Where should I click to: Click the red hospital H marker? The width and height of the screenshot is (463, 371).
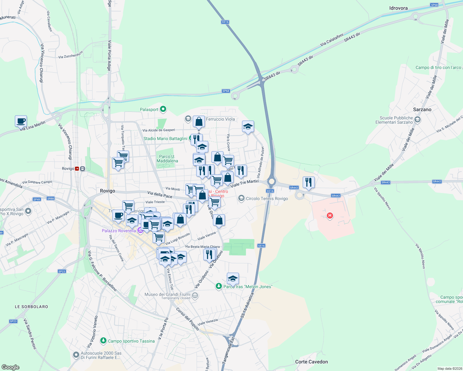point(330,215)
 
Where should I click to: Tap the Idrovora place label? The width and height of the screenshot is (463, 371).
point(398,8)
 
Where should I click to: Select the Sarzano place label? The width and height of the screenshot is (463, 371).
point(422,109)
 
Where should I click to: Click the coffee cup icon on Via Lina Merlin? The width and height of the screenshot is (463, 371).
point(21,121)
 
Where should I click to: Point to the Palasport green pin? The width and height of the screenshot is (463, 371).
point(163,109)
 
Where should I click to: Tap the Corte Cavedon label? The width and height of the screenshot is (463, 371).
point(311,362)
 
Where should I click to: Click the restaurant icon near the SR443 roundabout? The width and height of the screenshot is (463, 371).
point(308,182)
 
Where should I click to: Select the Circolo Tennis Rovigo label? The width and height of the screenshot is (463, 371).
point(267,198)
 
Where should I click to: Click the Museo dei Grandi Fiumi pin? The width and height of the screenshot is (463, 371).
point(195,296)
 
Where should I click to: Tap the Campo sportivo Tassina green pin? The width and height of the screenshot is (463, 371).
point(103,341)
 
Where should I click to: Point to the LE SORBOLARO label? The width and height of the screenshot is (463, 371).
point(32,307)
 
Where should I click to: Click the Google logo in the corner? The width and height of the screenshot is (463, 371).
point(11,367)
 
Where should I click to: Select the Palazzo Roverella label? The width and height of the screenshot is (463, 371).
point(119,231)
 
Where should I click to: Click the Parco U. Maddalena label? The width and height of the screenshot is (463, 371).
point(167,159)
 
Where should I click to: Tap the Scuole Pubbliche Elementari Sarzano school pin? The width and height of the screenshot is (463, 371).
point(418,120)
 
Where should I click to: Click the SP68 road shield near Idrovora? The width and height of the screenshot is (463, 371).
point(434,5)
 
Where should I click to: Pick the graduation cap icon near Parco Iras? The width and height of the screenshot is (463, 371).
point(233,279)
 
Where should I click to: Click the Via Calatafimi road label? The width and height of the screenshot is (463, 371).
point(332,40)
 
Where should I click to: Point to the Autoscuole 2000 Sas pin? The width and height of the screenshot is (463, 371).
point(76,355)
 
